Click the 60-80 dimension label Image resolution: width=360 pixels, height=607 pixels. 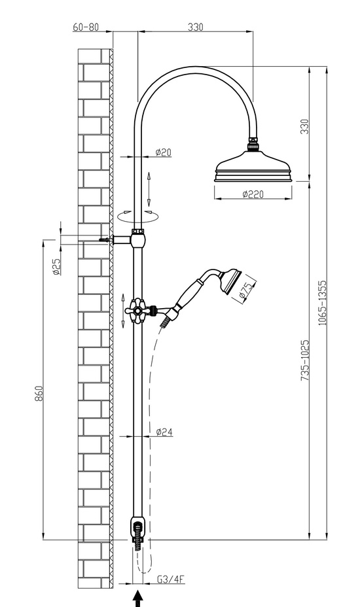[86, 27]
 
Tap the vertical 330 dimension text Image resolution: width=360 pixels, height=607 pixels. [305, 127]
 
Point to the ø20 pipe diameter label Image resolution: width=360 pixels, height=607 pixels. [163, 152]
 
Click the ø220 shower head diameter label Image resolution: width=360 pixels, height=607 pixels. [253, 194]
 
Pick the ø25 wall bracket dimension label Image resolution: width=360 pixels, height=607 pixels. [56, 267]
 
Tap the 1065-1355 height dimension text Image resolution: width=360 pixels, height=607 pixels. [323, 303]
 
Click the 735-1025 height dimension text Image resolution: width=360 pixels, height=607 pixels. [306, 360]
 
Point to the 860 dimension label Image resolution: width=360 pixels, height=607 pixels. [39, 393]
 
